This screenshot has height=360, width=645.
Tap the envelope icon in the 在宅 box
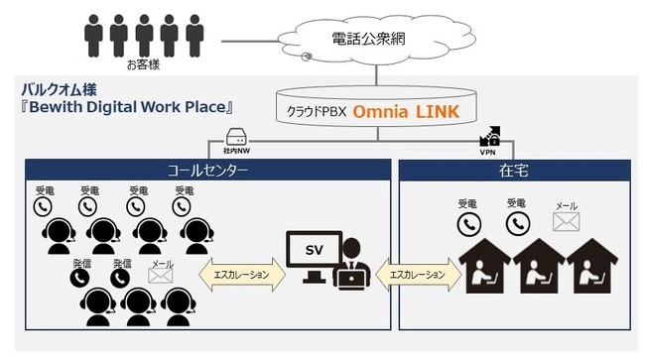[x=566, y=223]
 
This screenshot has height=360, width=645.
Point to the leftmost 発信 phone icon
[x=78, y=279]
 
